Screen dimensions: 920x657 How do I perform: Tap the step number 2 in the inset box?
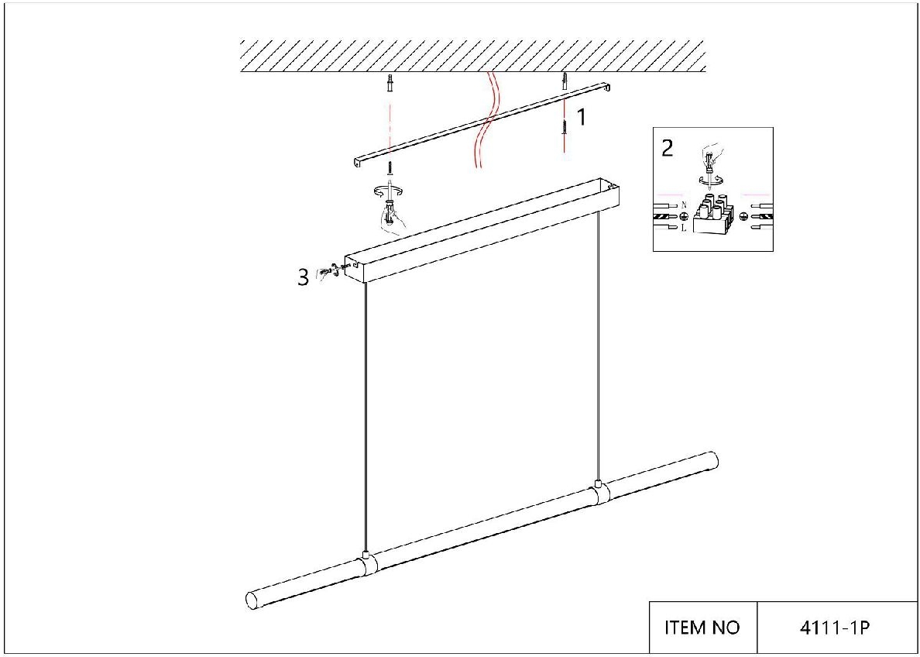668,149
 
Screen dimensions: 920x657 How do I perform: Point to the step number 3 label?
303,277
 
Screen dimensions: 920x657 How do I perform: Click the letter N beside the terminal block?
684,205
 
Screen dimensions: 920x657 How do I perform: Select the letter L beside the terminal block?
684,229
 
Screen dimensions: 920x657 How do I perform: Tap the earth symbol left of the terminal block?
684,217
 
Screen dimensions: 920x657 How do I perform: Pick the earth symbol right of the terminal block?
743,217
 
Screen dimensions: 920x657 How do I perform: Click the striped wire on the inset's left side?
667,217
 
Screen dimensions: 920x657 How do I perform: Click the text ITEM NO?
702,628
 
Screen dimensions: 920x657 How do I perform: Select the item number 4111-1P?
834,628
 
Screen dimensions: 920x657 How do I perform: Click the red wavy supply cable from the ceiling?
485,119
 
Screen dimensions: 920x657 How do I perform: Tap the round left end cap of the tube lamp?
252,600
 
